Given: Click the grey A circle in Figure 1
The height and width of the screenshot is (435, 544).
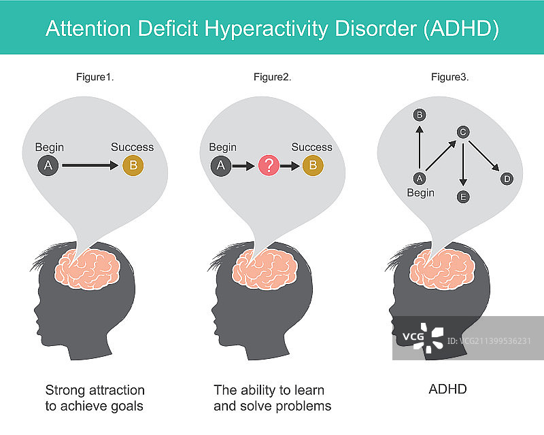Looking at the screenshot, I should (48, 164).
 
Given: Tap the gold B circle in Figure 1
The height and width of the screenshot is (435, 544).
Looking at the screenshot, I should (133, 164).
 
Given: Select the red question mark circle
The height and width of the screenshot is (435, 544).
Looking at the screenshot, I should (268, 164).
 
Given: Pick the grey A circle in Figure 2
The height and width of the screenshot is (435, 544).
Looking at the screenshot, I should (220, 164).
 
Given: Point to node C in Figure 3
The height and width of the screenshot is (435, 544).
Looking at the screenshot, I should (462, 132).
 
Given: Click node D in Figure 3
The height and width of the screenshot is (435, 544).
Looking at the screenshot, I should (506, 179).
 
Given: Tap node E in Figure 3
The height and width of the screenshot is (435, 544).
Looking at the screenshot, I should (463, 197).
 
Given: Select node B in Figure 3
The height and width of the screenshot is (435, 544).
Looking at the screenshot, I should (420, 115).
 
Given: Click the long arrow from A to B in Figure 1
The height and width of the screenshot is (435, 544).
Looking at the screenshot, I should (90, 164).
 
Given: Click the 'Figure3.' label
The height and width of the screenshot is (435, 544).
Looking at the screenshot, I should (449, 77).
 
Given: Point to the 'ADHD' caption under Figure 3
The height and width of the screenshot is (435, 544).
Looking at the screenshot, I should (447, 390).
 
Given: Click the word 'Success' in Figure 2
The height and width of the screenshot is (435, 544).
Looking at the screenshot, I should (311, 147).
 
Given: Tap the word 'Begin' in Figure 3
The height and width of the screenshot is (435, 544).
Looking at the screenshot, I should (420, 193).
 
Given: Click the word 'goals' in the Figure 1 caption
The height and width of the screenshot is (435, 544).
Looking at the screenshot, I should (129, 406).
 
